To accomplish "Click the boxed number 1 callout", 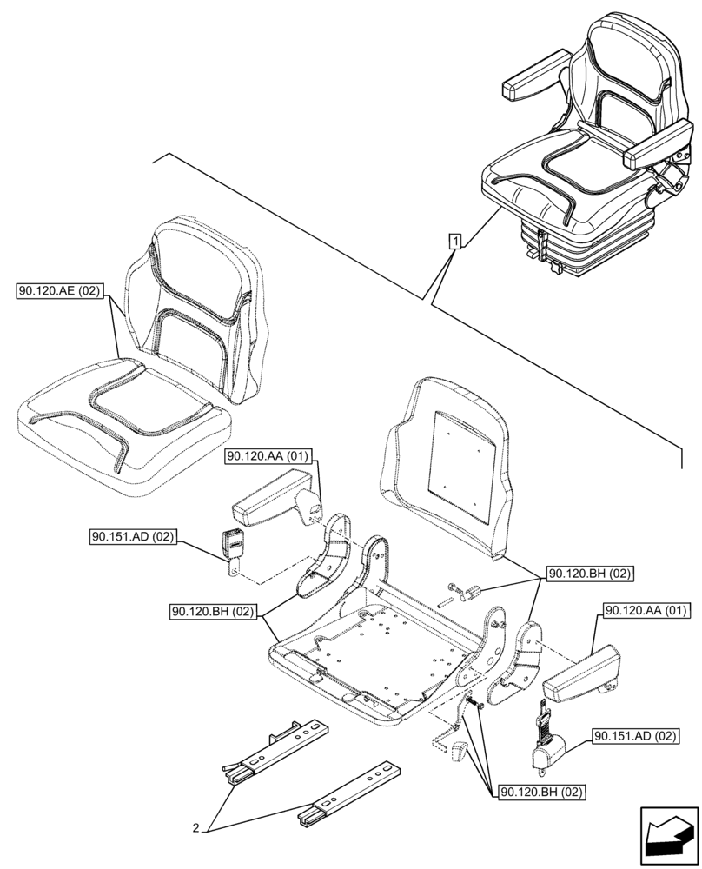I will (x=454, y=239).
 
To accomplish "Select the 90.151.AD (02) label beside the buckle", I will (x=132, y=537).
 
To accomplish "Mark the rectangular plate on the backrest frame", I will (x=457, y=462).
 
